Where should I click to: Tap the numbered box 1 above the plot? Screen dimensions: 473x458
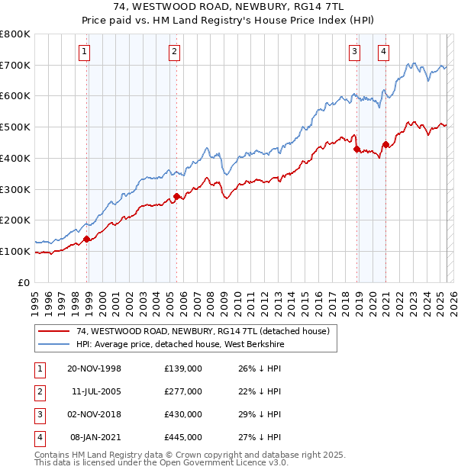[x=83, y=52]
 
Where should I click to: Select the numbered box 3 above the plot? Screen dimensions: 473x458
[x=355, y=52]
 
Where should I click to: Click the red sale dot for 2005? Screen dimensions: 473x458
[x=176, y=196]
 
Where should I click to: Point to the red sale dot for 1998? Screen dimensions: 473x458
[x=87, y=239]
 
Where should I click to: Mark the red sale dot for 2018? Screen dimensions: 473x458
[x=356, y=150]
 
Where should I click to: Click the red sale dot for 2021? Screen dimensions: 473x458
[x=386, y=144]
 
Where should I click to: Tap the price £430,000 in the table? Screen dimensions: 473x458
[x=183, y=414]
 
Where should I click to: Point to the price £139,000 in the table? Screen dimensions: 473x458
[x=183, y=368]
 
